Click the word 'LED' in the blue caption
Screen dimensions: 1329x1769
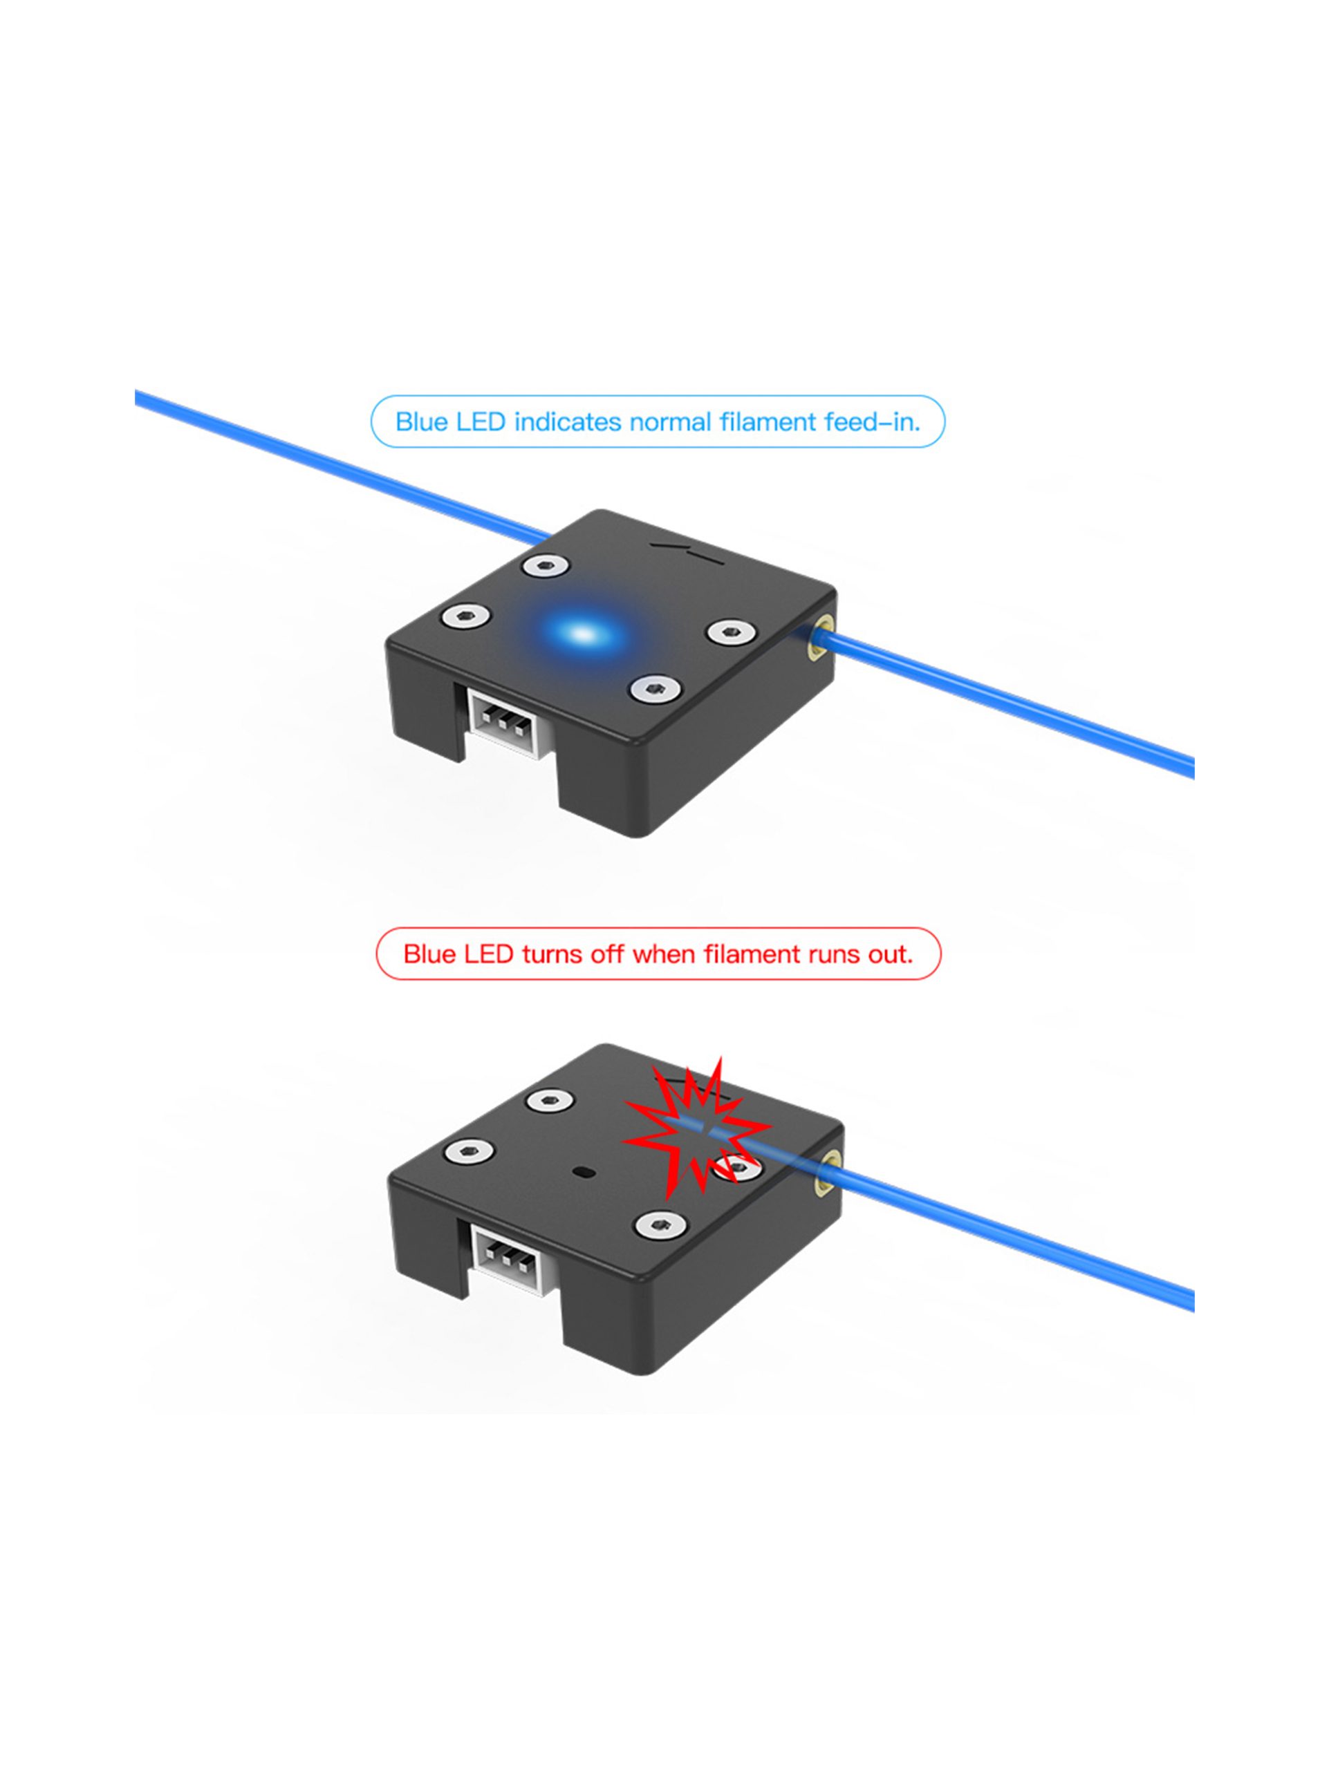point(480,422)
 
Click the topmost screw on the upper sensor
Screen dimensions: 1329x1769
point(546,565)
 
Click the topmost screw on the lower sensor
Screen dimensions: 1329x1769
point(551,1099)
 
